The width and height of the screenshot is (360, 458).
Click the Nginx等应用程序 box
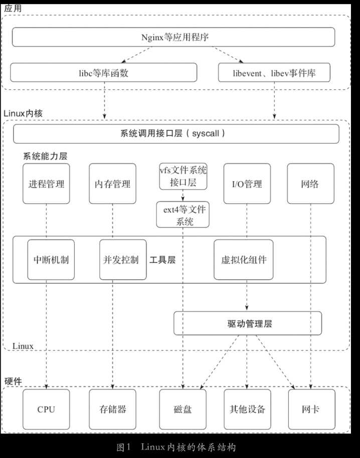coord(173,37)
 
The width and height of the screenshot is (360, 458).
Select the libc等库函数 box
coord(104,73)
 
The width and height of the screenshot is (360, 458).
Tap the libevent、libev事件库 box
coord(274,73)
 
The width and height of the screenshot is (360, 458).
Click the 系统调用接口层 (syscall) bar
coord(176,134)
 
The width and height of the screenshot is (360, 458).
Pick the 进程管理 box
coord(46,184)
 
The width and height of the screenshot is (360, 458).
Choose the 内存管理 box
coord(112,184)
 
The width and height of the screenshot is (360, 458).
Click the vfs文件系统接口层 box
coord(183,177)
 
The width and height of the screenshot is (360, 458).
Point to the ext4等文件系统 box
coord(183,215)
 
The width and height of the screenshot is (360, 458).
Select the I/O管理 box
coord(247,184)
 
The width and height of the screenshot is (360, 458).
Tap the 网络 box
coord(310,184)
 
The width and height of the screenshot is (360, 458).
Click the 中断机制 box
coord(51,260)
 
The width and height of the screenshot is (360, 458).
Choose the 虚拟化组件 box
coord(244,260)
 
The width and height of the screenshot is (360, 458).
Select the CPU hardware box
coord(46,409)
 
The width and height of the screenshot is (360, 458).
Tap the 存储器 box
coord(112,409)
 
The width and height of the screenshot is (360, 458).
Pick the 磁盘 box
coord(182,409)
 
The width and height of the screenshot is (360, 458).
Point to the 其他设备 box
coord(247,409)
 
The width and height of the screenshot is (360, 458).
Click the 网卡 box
coord(310,409)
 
